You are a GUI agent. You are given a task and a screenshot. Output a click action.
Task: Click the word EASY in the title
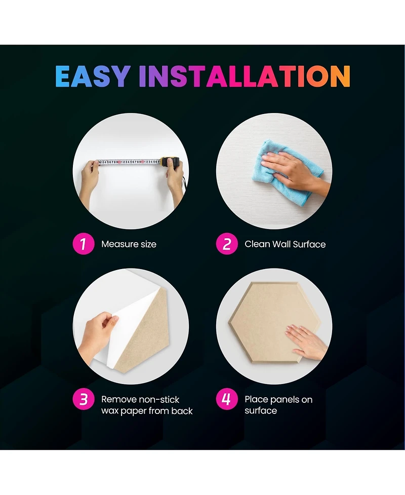point(93,76)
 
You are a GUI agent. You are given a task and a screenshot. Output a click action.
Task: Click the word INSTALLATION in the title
point(245,76)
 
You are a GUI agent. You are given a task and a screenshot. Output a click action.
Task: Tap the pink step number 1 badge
point(84,244)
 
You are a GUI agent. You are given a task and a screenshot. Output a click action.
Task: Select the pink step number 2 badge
point(227,244)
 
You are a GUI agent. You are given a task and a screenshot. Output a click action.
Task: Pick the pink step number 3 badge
point(84,399)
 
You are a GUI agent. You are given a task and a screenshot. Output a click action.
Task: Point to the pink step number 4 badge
point(227,399)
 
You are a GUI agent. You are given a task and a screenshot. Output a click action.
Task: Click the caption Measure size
point(129,244)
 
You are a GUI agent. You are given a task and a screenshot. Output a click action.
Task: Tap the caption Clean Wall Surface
point(285,244)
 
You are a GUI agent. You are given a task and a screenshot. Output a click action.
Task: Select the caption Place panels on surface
point(278,405)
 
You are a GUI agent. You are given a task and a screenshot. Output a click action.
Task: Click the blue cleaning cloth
point(284,172)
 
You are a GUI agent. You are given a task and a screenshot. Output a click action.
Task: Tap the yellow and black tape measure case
point(170,162)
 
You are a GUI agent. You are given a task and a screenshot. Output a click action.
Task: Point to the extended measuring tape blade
point(129,162)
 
